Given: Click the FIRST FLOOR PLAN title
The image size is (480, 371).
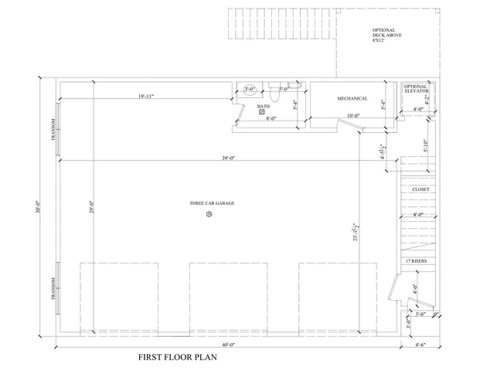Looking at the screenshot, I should click(178, 357).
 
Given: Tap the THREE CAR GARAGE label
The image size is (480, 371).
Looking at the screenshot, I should click(212, 203).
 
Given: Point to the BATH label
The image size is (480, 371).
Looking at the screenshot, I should click(263, 107).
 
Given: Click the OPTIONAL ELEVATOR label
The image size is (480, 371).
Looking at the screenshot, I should click(417, 89).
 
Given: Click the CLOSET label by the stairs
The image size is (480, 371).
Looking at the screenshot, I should click(420, 189).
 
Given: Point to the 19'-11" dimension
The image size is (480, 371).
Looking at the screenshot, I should click(146, 96).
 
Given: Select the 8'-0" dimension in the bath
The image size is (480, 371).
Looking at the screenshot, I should click(271, 118).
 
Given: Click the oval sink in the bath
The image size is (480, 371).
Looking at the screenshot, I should click(249, 90).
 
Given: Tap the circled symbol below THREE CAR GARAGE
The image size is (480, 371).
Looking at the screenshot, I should click(209, 215).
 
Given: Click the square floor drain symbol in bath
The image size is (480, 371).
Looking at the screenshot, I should click(262, 113).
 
